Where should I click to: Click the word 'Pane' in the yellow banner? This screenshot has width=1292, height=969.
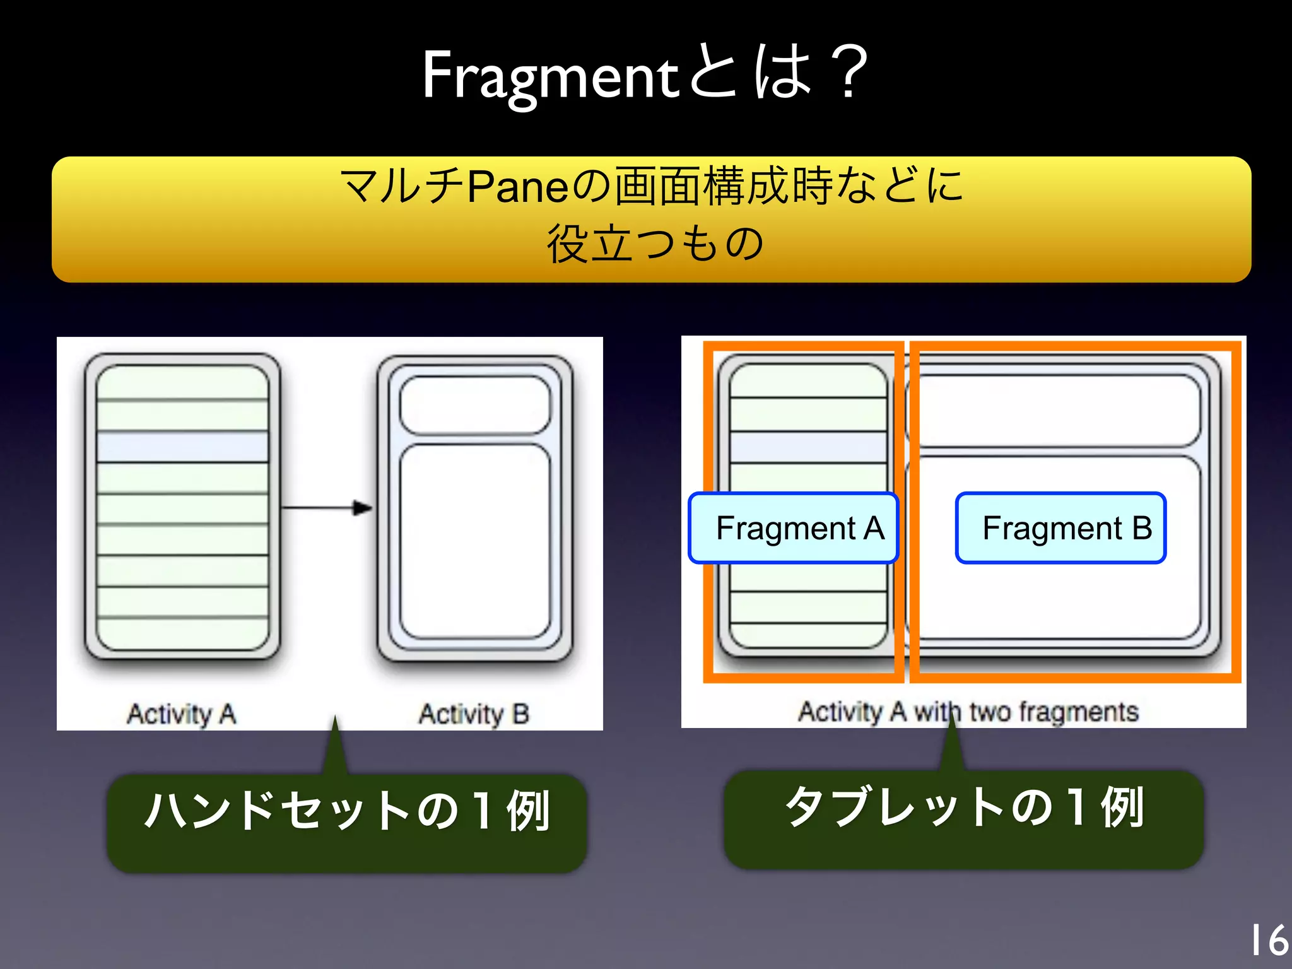pyautogui.click(x=517, y=187)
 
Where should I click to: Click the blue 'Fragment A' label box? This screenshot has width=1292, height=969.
pyautogui.click(x=794, y=528)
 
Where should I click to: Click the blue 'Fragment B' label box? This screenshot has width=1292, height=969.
pyautogui.click(x=1060, y=528)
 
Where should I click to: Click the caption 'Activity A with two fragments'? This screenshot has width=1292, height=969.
pyautogui.click(x=968, y=712)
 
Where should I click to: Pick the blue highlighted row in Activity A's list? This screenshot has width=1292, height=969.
pyautogui.click(x=183, y=447)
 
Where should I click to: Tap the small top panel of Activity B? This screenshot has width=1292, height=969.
pyautogui.click(x=475, y=405)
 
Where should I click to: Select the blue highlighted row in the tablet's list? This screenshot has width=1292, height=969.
pyautogui.click(x=809, y=447)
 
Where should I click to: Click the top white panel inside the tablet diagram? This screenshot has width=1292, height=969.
pyautogui.click(x=1060, y=410)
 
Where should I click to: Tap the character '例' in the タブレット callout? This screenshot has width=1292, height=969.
pyautogui.click(x=1122, y=807)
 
